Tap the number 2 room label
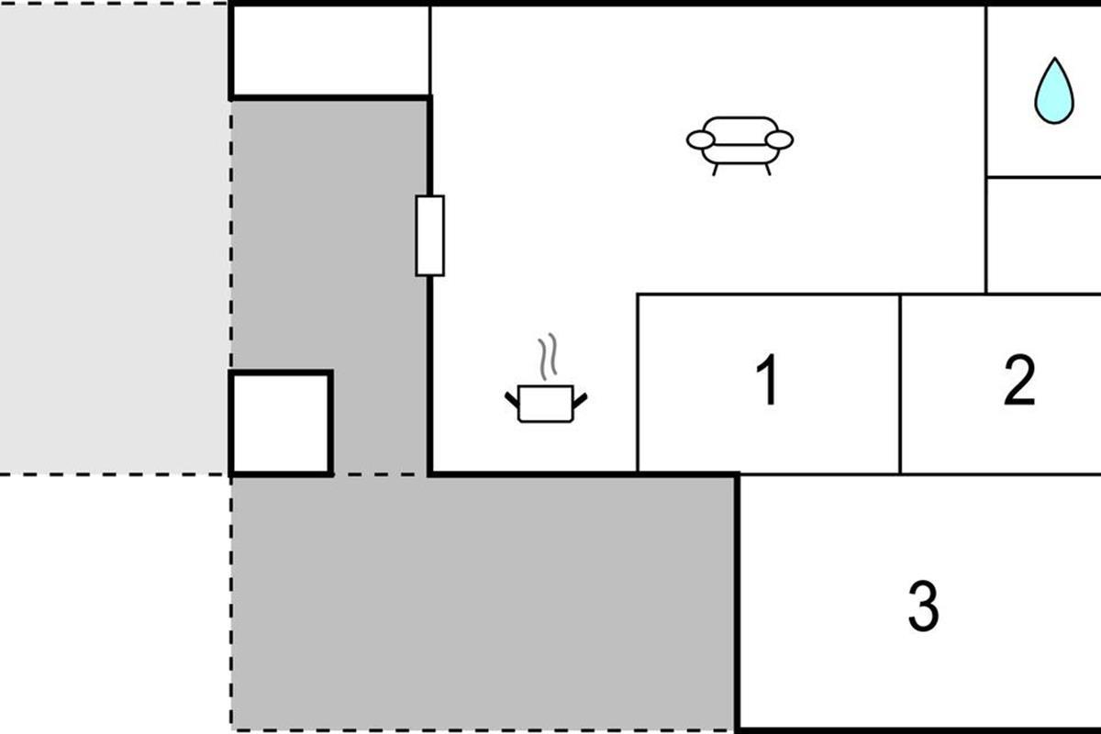[1019, 380]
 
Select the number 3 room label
[923, 606]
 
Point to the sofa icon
[740, 143]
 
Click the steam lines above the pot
[548, 358]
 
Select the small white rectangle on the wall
[429, 235]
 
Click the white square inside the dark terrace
[280, 423]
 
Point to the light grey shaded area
[114, 239]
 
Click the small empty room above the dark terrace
[330, 50]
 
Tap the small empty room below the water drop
[1043, 235]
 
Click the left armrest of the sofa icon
[699, 139]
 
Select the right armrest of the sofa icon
[780, 139]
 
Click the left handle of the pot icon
[512, 398]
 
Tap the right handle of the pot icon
[582, 398]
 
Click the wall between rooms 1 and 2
[900, 384]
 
